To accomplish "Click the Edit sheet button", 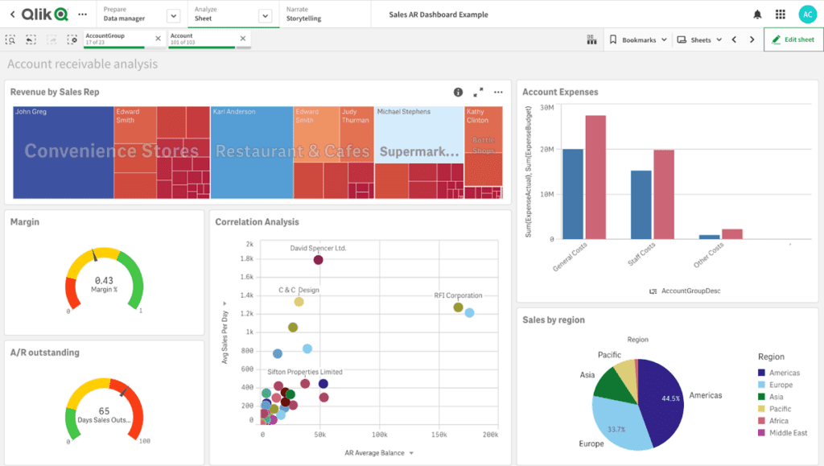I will click(793, 39).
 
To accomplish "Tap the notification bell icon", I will click(757, 14).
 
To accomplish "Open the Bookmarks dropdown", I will click(638, 39).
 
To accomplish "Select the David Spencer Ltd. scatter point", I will click(319, 260).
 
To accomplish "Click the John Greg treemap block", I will click(62, 153).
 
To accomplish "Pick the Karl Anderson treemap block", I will click(251, 153).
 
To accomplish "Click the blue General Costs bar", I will click(573, 193).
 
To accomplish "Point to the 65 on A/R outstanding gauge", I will click(104, 410).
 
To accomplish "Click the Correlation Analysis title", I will click(257, 222).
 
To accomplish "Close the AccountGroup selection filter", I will click(158, 38).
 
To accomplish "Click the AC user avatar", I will click(806, 14).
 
